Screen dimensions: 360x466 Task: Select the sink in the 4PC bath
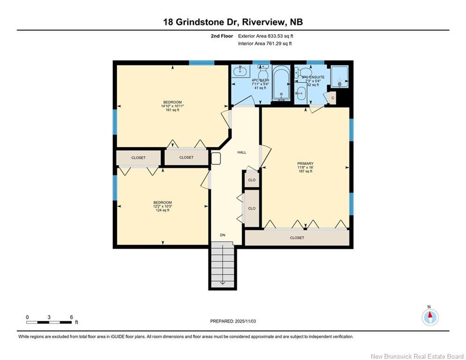click(241, 72)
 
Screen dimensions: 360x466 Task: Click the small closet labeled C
click(332, 97)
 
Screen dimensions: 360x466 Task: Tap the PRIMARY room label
click(305, 164)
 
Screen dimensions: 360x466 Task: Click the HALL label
click(242, 152)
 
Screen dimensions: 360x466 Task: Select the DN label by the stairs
click(223, 235)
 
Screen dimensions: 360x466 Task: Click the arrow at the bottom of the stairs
click(222, 282)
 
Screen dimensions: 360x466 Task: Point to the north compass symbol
click(430, 316)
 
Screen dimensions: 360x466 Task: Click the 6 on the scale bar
click(71, 317)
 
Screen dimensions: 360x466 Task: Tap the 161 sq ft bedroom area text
click(172, 110)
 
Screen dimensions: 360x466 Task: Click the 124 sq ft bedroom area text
click(163, 210)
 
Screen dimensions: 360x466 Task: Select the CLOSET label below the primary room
click(297, 238)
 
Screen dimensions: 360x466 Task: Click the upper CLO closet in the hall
click(251, 180)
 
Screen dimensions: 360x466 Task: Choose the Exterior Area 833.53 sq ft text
click(266, 36)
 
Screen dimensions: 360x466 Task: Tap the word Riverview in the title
click(255, 22)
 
